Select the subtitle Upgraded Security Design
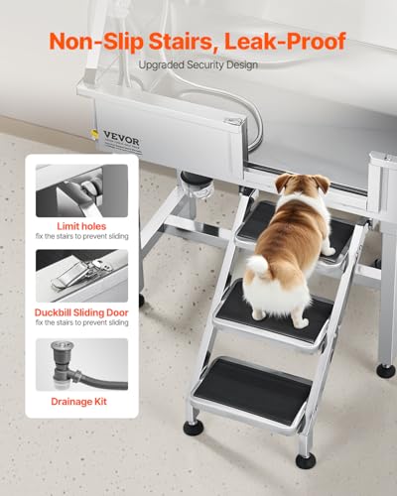tap(198, 65)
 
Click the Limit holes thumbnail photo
tap(81, 190)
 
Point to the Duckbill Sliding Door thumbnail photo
tap(81, 275)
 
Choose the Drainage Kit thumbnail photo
tap(81, 364)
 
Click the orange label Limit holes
tap(81, 225)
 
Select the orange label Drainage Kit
tap(81, 403)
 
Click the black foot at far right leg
tap(384, 370)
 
